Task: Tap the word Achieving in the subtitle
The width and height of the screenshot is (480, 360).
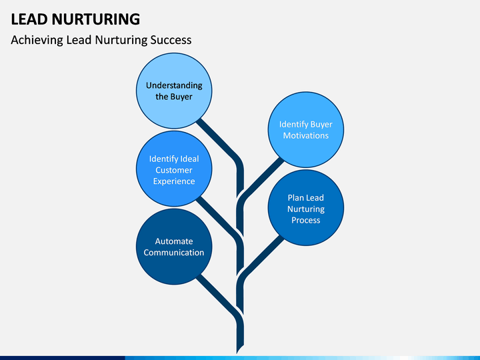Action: click(x=37, y=40)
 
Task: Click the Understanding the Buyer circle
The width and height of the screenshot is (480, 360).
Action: click(x=174, y=91)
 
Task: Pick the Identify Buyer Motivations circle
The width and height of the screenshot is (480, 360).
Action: click(x=305, y=129)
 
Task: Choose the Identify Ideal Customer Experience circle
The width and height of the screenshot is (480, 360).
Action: click(x=174, y=170)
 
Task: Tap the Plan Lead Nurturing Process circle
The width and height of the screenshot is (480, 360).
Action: click(x=305, y=208)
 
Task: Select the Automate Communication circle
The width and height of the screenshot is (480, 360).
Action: click(x=174, y=247)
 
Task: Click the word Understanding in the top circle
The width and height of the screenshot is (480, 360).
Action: click(x=174, y=85)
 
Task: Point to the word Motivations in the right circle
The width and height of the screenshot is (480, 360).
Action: click(x=305, y=135)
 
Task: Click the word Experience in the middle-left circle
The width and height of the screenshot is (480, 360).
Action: click(x=174, y=181)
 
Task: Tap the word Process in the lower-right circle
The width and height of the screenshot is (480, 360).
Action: click(x=305, y=220)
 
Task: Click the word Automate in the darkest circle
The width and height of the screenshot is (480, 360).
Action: click(x=174, y=241)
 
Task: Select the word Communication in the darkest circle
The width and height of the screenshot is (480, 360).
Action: click(x=174, y=253)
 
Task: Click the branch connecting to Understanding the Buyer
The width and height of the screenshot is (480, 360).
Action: click(x=223, y=143)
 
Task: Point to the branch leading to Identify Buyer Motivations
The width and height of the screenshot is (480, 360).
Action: click(x=260, y=177)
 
